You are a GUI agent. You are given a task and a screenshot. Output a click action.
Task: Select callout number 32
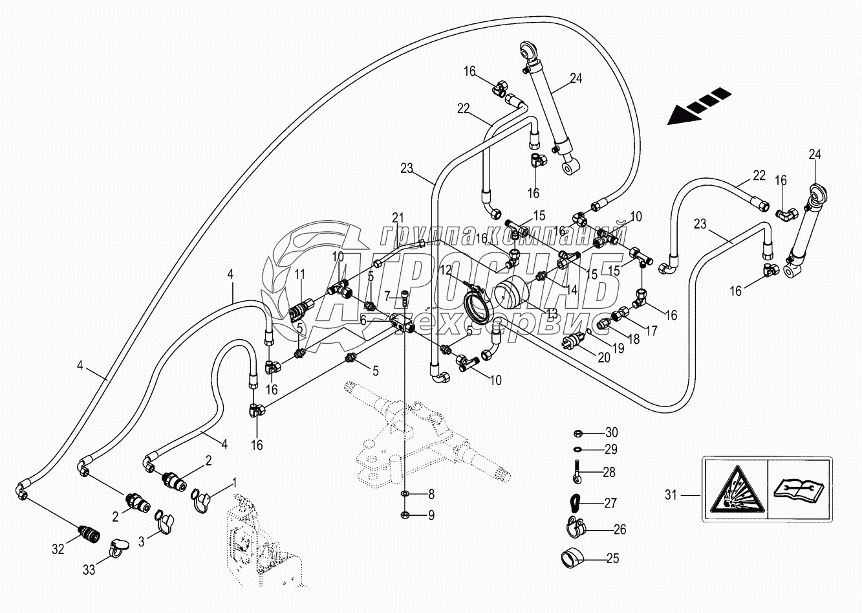(59, 549)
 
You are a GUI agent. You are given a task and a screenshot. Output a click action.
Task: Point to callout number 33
(90, 570)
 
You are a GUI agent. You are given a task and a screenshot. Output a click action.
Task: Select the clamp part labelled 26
(573, 526)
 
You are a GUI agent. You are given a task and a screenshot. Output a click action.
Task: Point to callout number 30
(612, 432)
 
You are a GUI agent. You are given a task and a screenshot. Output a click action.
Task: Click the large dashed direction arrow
(700, 107)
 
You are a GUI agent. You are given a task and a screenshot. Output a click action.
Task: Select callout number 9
(431, 515)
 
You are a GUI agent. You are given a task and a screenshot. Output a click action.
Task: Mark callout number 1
(234, 482)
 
